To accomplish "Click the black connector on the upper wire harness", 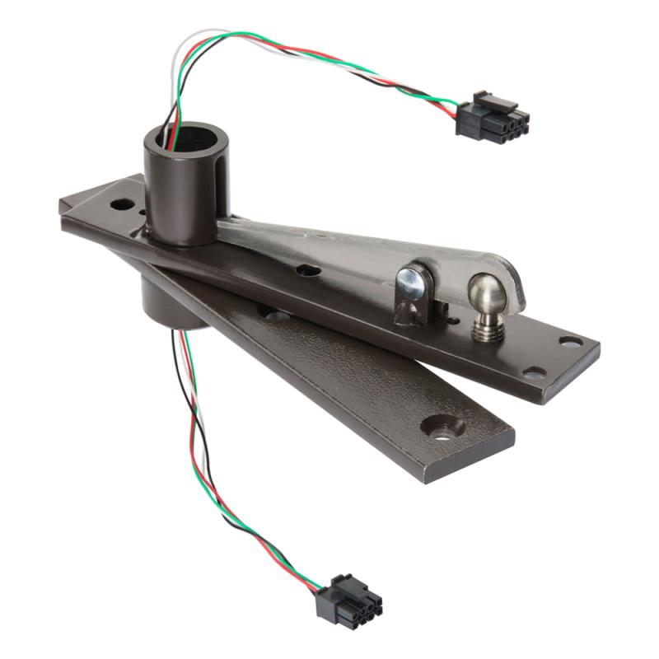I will click(493, 115).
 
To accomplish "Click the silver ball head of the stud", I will click(485, 292).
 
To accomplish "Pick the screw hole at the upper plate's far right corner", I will click(570, 339).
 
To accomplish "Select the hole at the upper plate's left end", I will click(122, 200).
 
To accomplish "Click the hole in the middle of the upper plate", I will click(307, 269).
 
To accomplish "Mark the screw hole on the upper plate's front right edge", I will click(535, 372).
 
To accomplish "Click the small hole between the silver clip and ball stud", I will click(445, 313).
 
